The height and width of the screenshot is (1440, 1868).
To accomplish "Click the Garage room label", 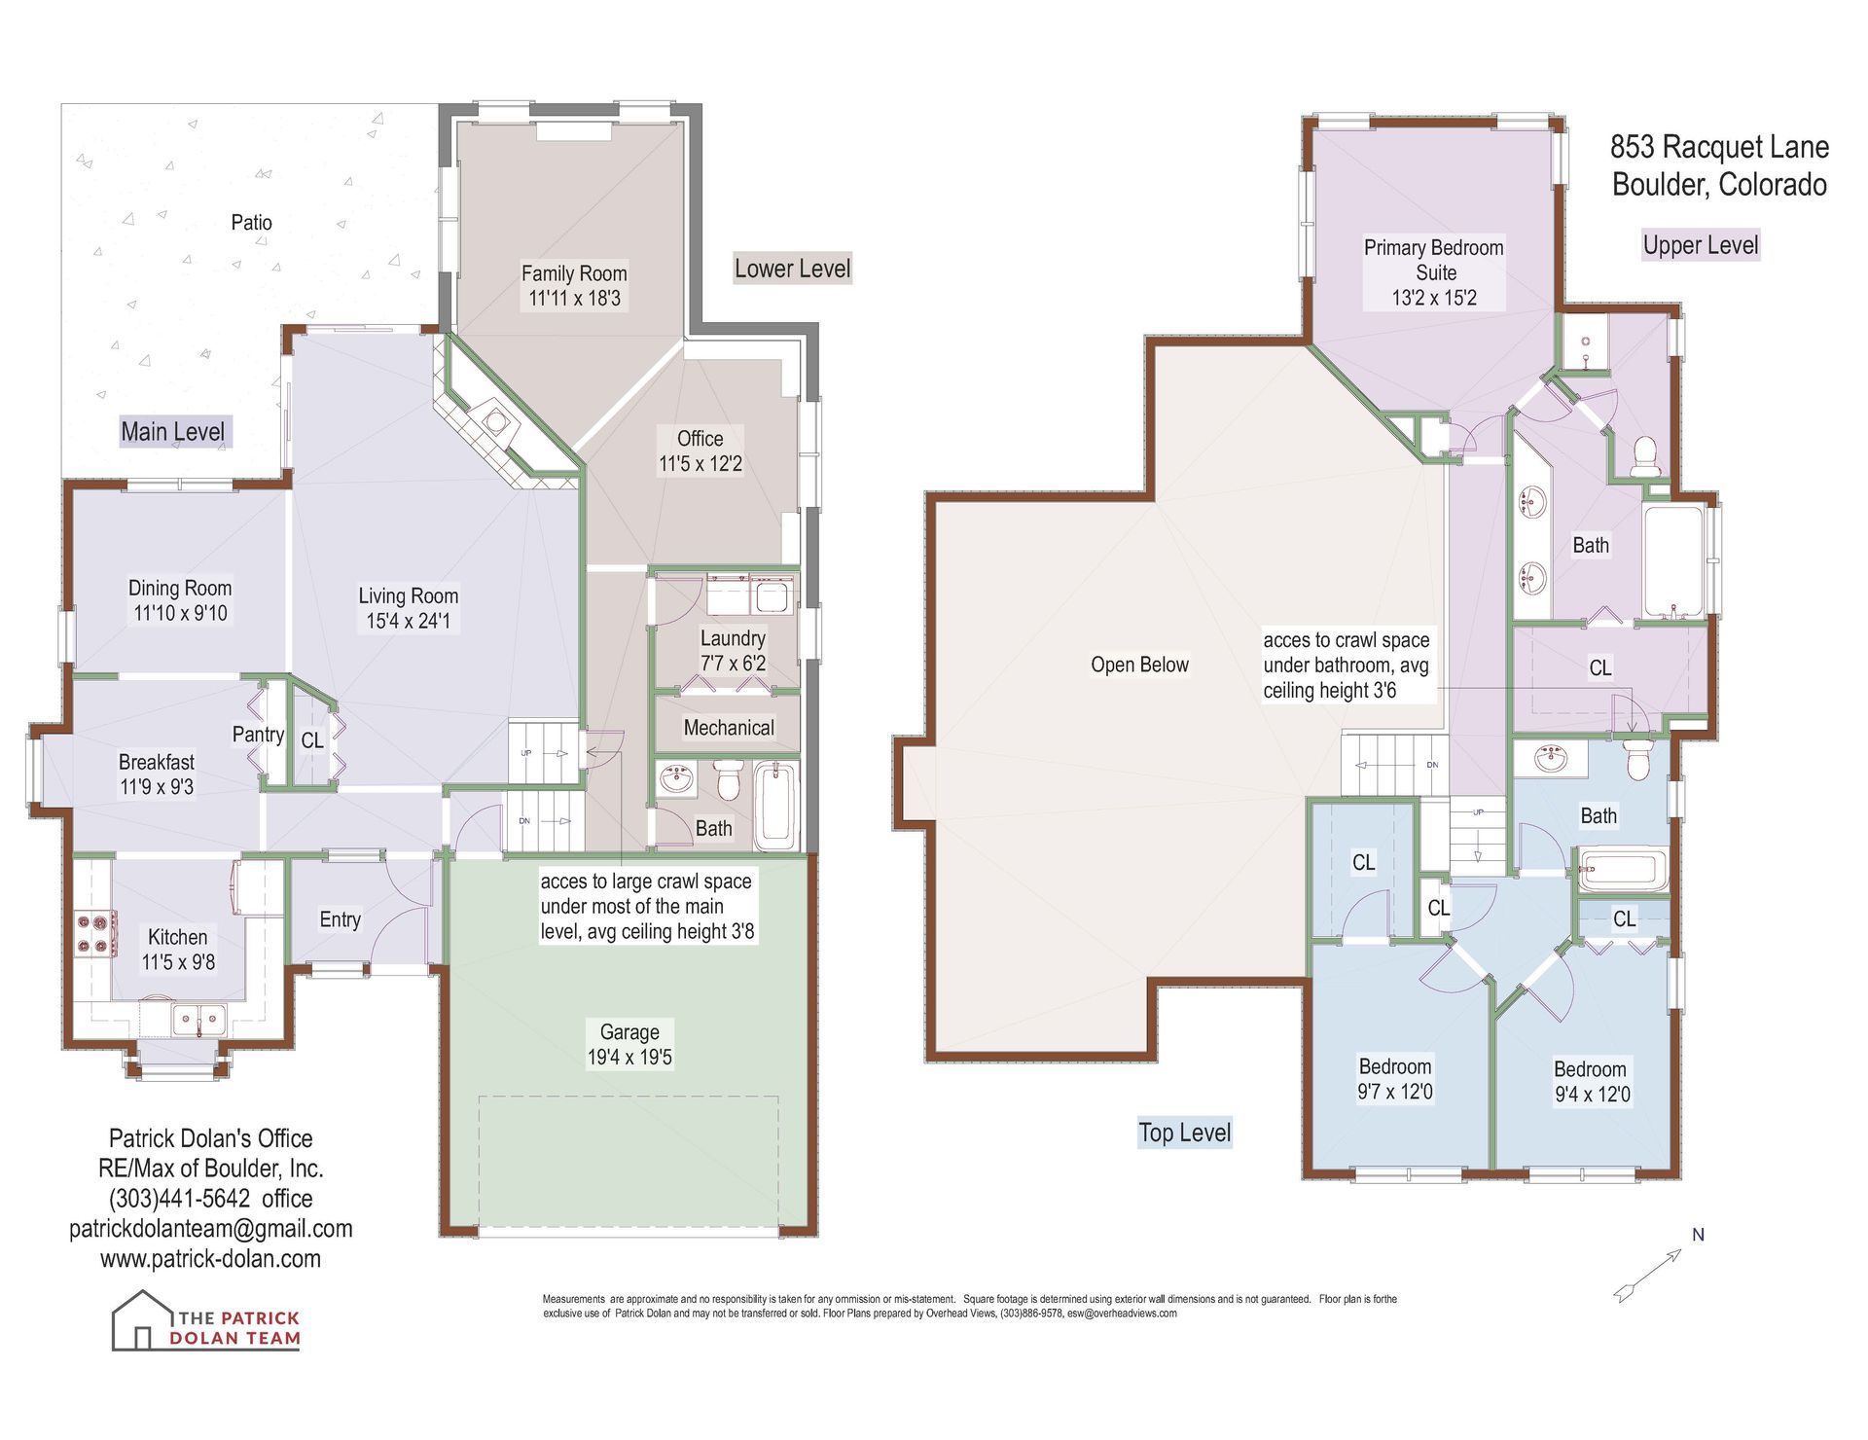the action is coord(629,1032).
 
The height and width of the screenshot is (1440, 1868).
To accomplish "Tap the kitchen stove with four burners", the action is coord(96,934).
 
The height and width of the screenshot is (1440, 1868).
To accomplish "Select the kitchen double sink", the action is coord(199,1020).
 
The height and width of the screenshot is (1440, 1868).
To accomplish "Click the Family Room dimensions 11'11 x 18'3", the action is coord(574,299).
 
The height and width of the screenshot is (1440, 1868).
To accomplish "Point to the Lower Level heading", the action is coord(792,269).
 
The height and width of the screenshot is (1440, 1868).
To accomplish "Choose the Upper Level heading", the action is coord(1701,245).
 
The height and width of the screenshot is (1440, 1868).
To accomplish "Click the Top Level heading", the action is coord(1185,1133).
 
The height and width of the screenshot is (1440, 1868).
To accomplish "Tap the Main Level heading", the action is coord(172,431).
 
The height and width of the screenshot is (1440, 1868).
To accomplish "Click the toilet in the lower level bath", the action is coord(729,779).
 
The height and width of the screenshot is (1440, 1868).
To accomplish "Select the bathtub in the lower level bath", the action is coord(775,805).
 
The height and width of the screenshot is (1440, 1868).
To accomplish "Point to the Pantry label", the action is coord(258,735).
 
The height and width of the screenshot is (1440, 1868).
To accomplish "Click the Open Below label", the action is coord(1139,665).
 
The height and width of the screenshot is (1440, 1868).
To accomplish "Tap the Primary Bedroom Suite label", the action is coord(1434,260).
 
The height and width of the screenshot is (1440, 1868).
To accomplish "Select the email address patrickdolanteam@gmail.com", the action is coord(210,1229).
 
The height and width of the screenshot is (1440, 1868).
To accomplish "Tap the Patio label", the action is coord(251,222).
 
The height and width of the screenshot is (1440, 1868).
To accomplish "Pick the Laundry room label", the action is coord(733,638).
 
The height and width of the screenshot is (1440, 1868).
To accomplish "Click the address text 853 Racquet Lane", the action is coord(1719,147).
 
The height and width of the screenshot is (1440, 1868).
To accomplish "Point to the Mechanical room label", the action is coord(729,728).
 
